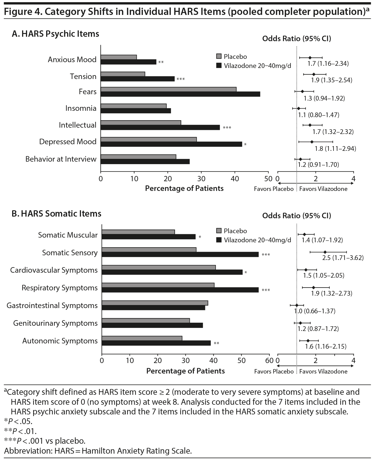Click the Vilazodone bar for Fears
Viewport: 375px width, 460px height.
(x=180, y=94)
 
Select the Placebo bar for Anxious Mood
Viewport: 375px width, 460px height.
(x=119, y=57)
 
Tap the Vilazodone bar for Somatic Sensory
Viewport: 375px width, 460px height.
(x=180, y=254)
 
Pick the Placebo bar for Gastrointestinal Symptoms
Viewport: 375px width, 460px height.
(x=155, y=303)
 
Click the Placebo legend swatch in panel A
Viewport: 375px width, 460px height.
(x=219, y=56)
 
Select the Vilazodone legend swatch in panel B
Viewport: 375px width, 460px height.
(x=219, y=240)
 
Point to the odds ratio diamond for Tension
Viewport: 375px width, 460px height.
(x=314, y=74)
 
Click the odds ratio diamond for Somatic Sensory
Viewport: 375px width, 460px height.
(x=325, y=252)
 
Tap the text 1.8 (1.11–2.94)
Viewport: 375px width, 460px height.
(x=335, y=149)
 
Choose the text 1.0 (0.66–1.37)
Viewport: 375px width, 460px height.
(x=314, y=311)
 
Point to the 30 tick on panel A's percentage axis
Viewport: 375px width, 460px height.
(x=201, y=179)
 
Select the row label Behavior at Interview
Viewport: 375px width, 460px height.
(x=61, y=159)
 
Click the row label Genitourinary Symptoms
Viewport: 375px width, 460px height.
(x=55, y=323)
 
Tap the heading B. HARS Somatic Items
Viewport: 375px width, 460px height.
(x=56, y=214)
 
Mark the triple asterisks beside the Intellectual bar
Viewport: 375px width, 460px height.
(x=227, y=128)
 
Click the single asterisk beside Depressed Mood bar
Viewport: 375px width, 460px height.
(x=245, y=144)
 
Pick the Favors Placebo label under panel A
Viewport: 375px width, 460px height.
(x=274, y=189)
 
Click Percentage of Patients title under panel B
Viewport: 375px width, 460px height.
(x=185, y=371)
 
